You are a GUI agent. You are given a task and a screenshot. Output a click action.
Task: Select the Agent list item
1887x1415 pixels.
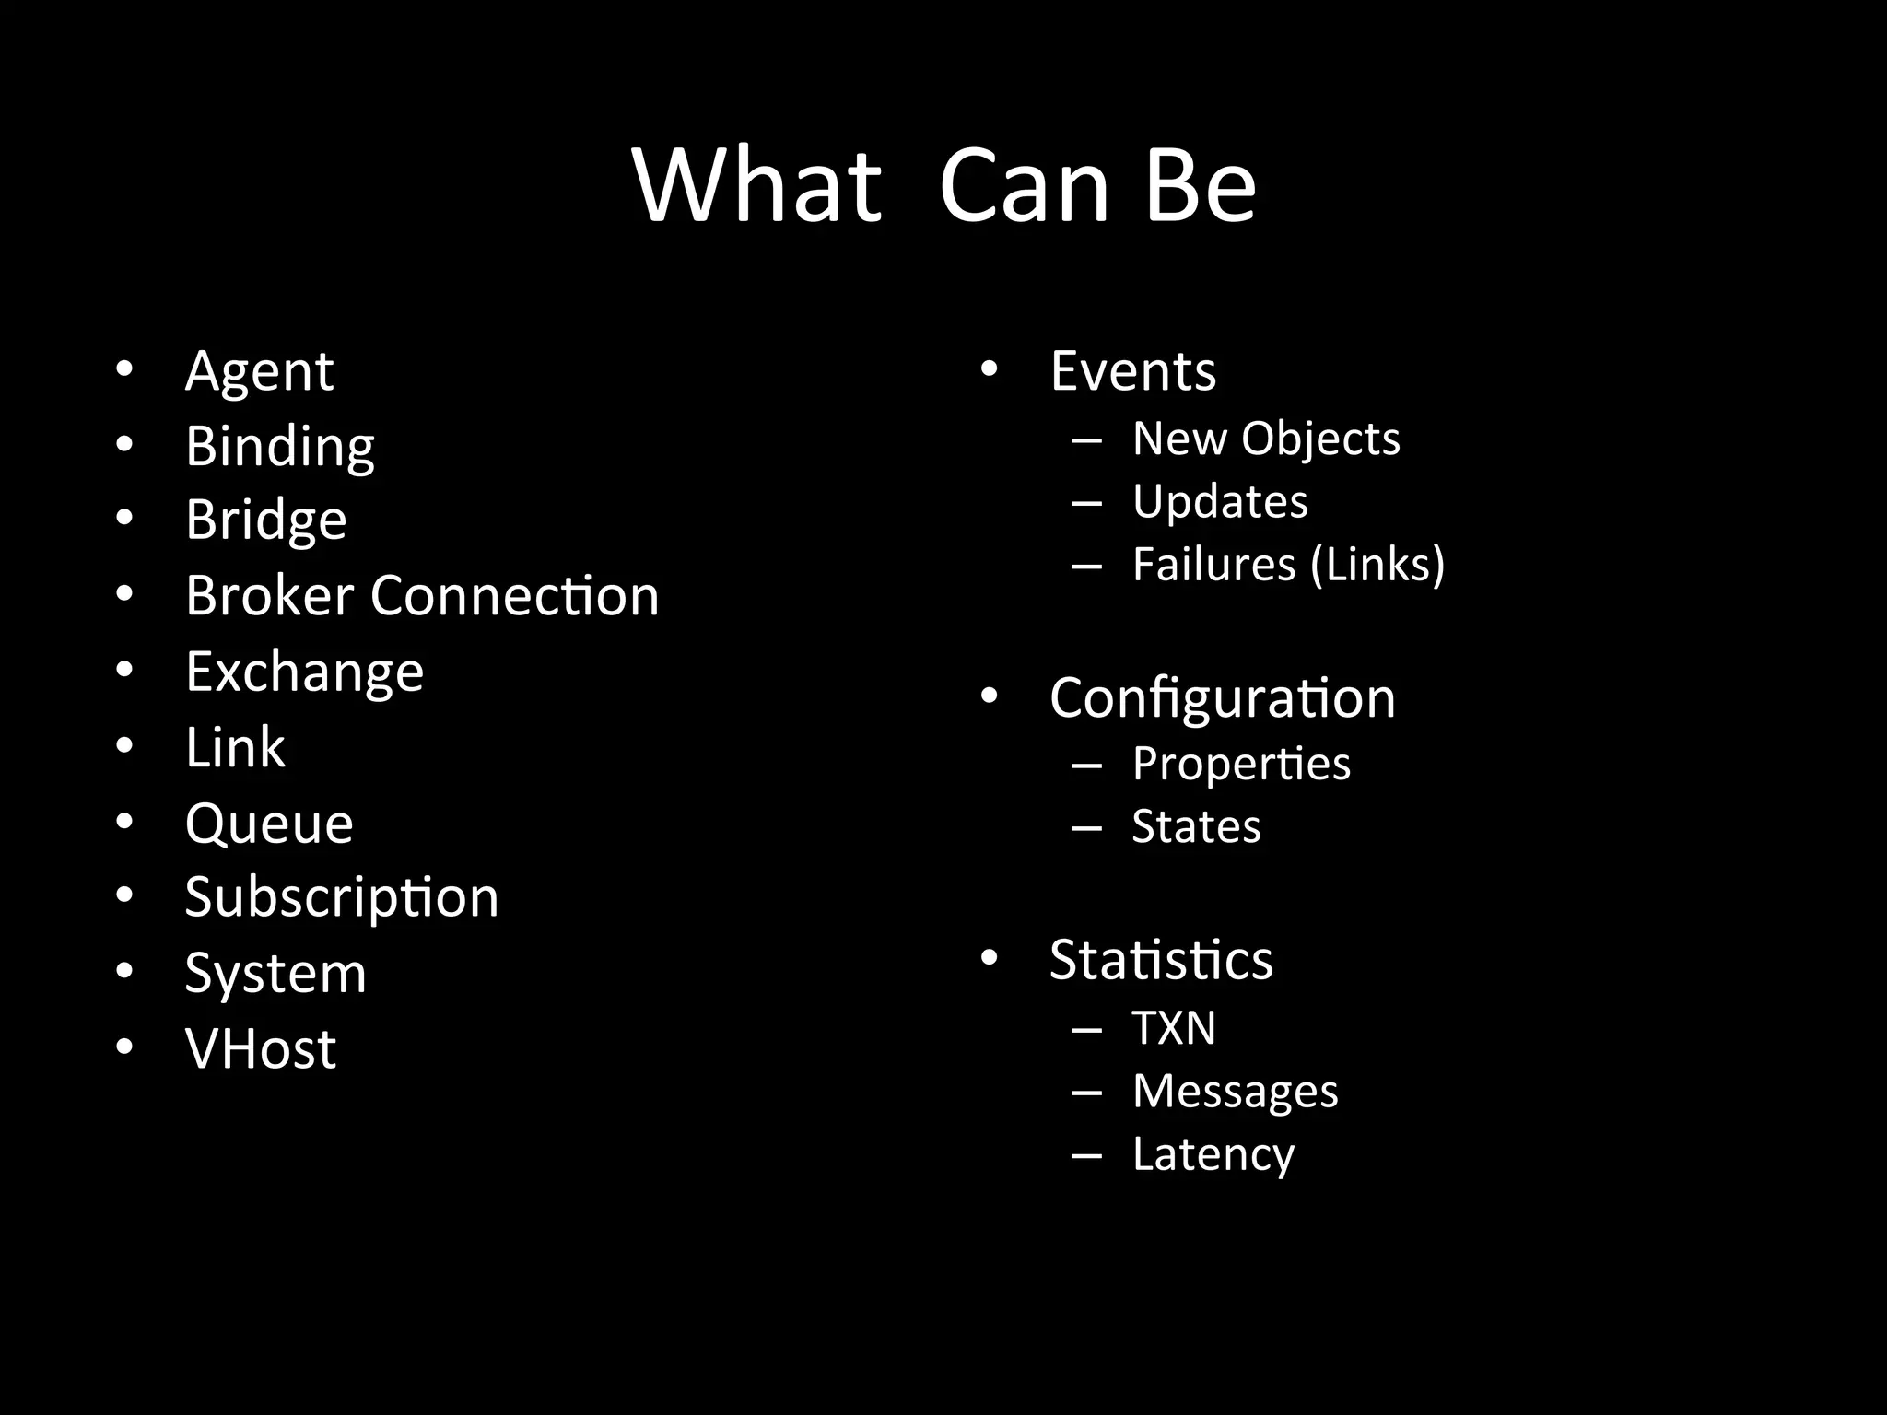[x=259, y=371]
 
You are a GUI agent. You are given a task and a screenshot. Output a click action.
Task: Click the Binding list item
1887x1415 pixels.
[x=280, y=447]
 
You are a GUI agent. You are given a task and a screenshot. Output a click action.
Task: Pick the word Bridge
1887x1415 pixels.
[x=266, y=520]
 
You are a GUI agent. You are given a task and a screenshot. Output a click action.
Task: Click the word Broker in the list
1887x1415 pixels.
[x=269, y=595]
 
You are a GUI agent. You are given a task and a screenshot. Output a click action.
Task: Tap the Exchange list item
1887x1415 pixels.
[x=304, y=672]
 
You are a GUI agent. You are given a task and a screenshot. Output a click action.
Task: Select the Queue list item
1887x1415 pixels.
[x=269, y=823]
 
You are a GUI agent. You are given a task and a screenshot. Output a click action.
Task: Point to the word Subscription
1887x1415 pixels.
[x=341, y=897]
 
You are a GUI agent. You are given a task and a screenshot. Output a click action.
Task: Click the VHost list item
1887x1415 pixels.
[x=261, y=1048]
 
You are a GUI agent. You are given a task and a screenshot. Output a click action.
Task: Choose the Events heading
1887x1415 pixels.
[x=1132, y=371]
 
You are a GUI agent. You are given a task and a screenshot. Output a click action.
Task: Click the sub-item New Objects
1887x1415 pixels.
[x=1265, y=439]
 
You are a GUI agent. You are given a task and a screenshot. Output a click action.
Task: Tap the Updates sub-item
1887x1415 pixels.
[x=1219, y=502]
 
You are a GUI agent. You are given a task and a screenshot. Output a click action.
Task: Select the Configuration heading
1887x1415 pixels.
[x=1222, y=698]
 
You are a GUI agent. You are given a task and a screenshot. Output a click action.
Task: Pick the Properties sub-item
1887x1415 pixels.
[x=1240, y=764]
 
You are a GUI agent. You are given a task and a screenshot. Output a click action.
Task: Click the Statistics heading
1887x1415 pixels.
[x=1161, y=960]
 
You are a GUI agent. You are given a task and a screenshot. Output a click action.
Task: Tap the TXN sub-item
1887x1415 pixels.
[x=1173, y=1028]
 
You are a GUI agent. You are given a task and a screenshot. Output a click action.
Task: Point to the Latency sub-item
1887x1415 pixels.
[x=1213, y=1154]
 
